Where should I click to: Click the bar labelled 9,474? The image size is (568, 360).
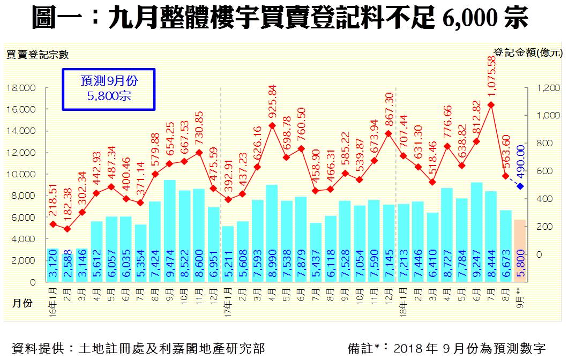tap(169, 230)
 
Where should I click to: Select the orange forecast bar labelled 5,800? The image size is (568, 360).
tap(520, 251)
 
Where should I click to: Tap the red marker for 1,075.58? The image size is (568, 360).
tap(491, 104)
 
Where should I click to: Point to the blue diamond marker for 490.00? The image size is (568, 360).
tap(520, 186)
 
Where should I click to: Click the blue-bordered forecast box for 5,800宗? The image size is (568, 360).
tap(108, 88)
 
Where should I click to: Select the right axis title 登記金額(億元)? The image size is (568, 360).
tap(528, 52)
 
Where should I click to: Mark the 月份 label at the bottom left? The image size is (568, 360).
tap(22, 303)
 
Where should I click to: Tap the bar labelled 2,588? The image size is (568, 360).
tap(68, 264)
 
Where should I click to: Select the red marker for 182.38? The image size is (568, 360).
tap(67, 229)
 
